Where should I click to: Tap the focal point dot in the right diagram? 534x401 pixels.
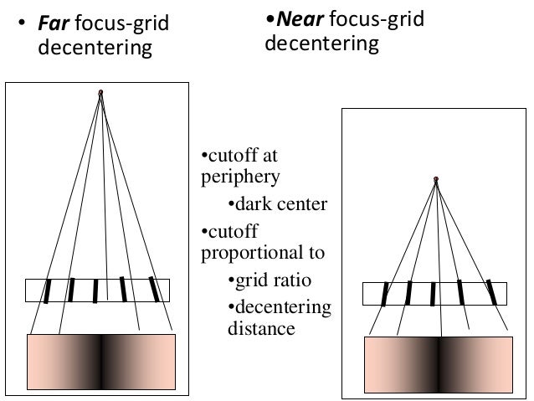(x=435, y=178)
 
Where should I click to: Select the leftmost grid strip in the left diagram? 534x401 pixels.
(x=48, y=290)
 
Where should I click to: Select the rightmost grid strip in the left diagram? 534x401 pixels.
(x=153, y=288)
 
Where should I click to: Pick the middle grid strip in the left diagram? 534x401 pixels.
(x=95, y=290)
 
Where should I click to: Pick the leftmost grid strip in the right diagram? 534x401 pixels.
(x=385, y=294)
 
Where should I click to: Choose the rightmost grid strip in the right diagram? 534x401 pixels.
(x=491, y=292)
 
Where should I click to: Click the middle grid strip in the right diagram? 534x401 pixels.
(x=433, y=295)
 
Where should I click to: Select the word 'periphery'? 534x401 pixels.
(x=240, y=177)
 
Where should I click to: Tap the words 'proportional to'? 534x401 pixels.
(x=264, y=252)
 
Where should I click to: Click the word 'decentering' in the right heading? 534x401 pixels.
(x=321, y=42)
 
